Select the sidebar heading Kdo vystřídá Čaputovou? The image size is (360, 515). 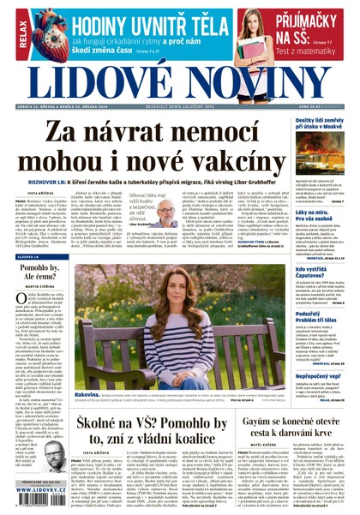tap(315, 273)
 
